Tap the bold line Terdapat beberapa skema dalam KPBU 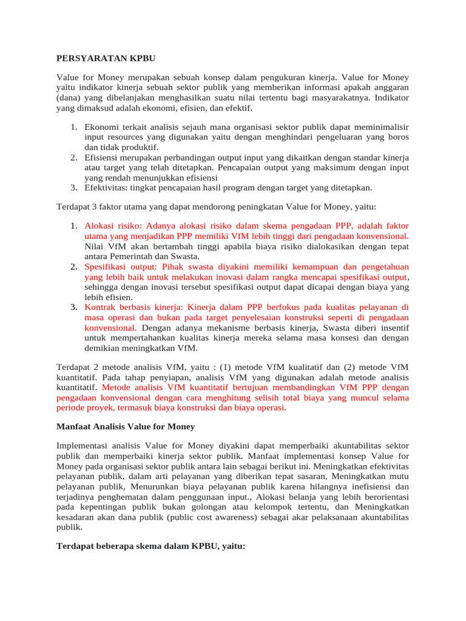pos(150,546)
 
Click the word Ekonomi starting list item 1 pos(103,127)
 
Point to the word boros pos(398,138)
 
